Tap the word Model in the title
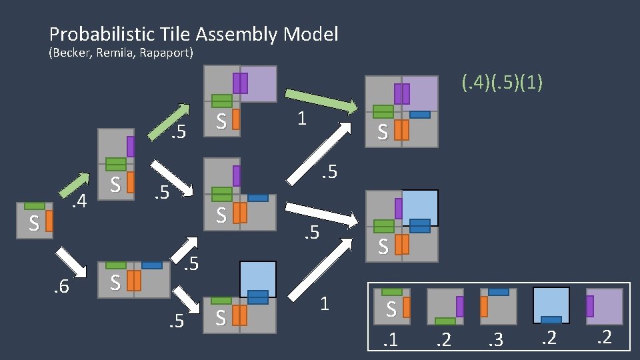[x=312, y=34]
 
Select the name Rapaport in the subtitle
[x=167, y=53]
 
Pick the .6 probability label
[x=62, y=287]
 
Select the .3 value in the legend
[x=497, y=341]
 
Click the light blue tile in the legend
[x=551, y=306]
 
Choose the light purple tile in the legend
[x=604, y=306]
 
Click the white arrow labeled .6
[x=72, y=261]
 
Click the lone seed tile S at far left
[x=35, y=221]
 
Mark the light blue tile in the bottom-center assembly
[x=257, y=280]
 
